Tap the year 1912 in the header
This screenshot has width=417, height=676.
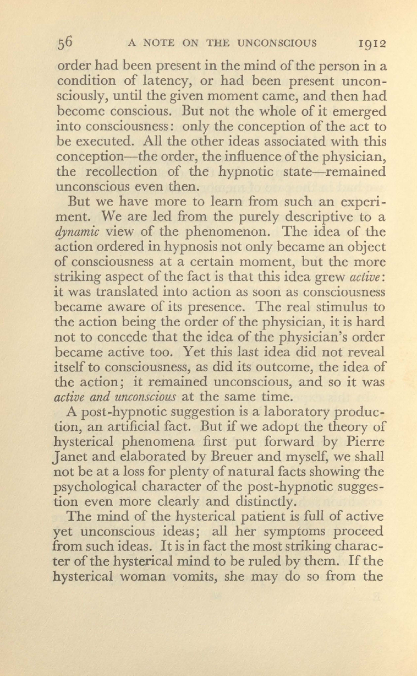point(371,44)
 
